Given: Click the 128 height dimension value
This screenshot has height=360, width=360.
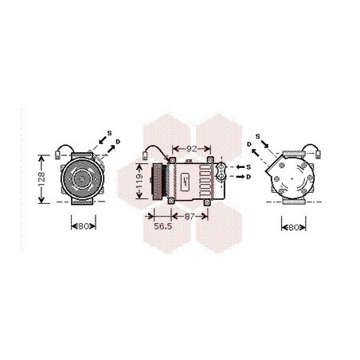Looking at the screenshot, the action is coord(41,178).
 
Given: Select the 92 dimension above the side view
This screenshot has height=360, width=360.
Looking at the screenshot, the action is coord(192,149).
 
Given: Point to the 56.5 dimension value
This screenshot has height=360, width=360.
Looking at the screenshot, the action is coord(163,226).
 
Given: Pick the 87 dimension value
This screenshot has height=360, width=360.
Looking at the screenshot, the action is coord(190,217).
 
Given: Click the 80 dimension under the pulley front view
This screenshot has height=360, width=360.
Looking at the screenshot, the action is coord(84,226).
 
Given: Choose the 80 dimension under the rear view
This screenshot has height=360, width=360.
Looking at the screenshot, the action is coord(294,227).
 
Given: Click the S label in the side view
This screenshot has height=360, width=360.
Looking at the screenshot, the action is coord(248,167).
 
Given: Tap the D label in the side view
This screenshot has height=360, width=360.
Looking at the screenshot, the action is coord(248,177).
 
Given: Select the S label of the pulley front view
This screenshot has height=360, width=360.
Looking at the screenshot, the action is coord(110,133).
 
